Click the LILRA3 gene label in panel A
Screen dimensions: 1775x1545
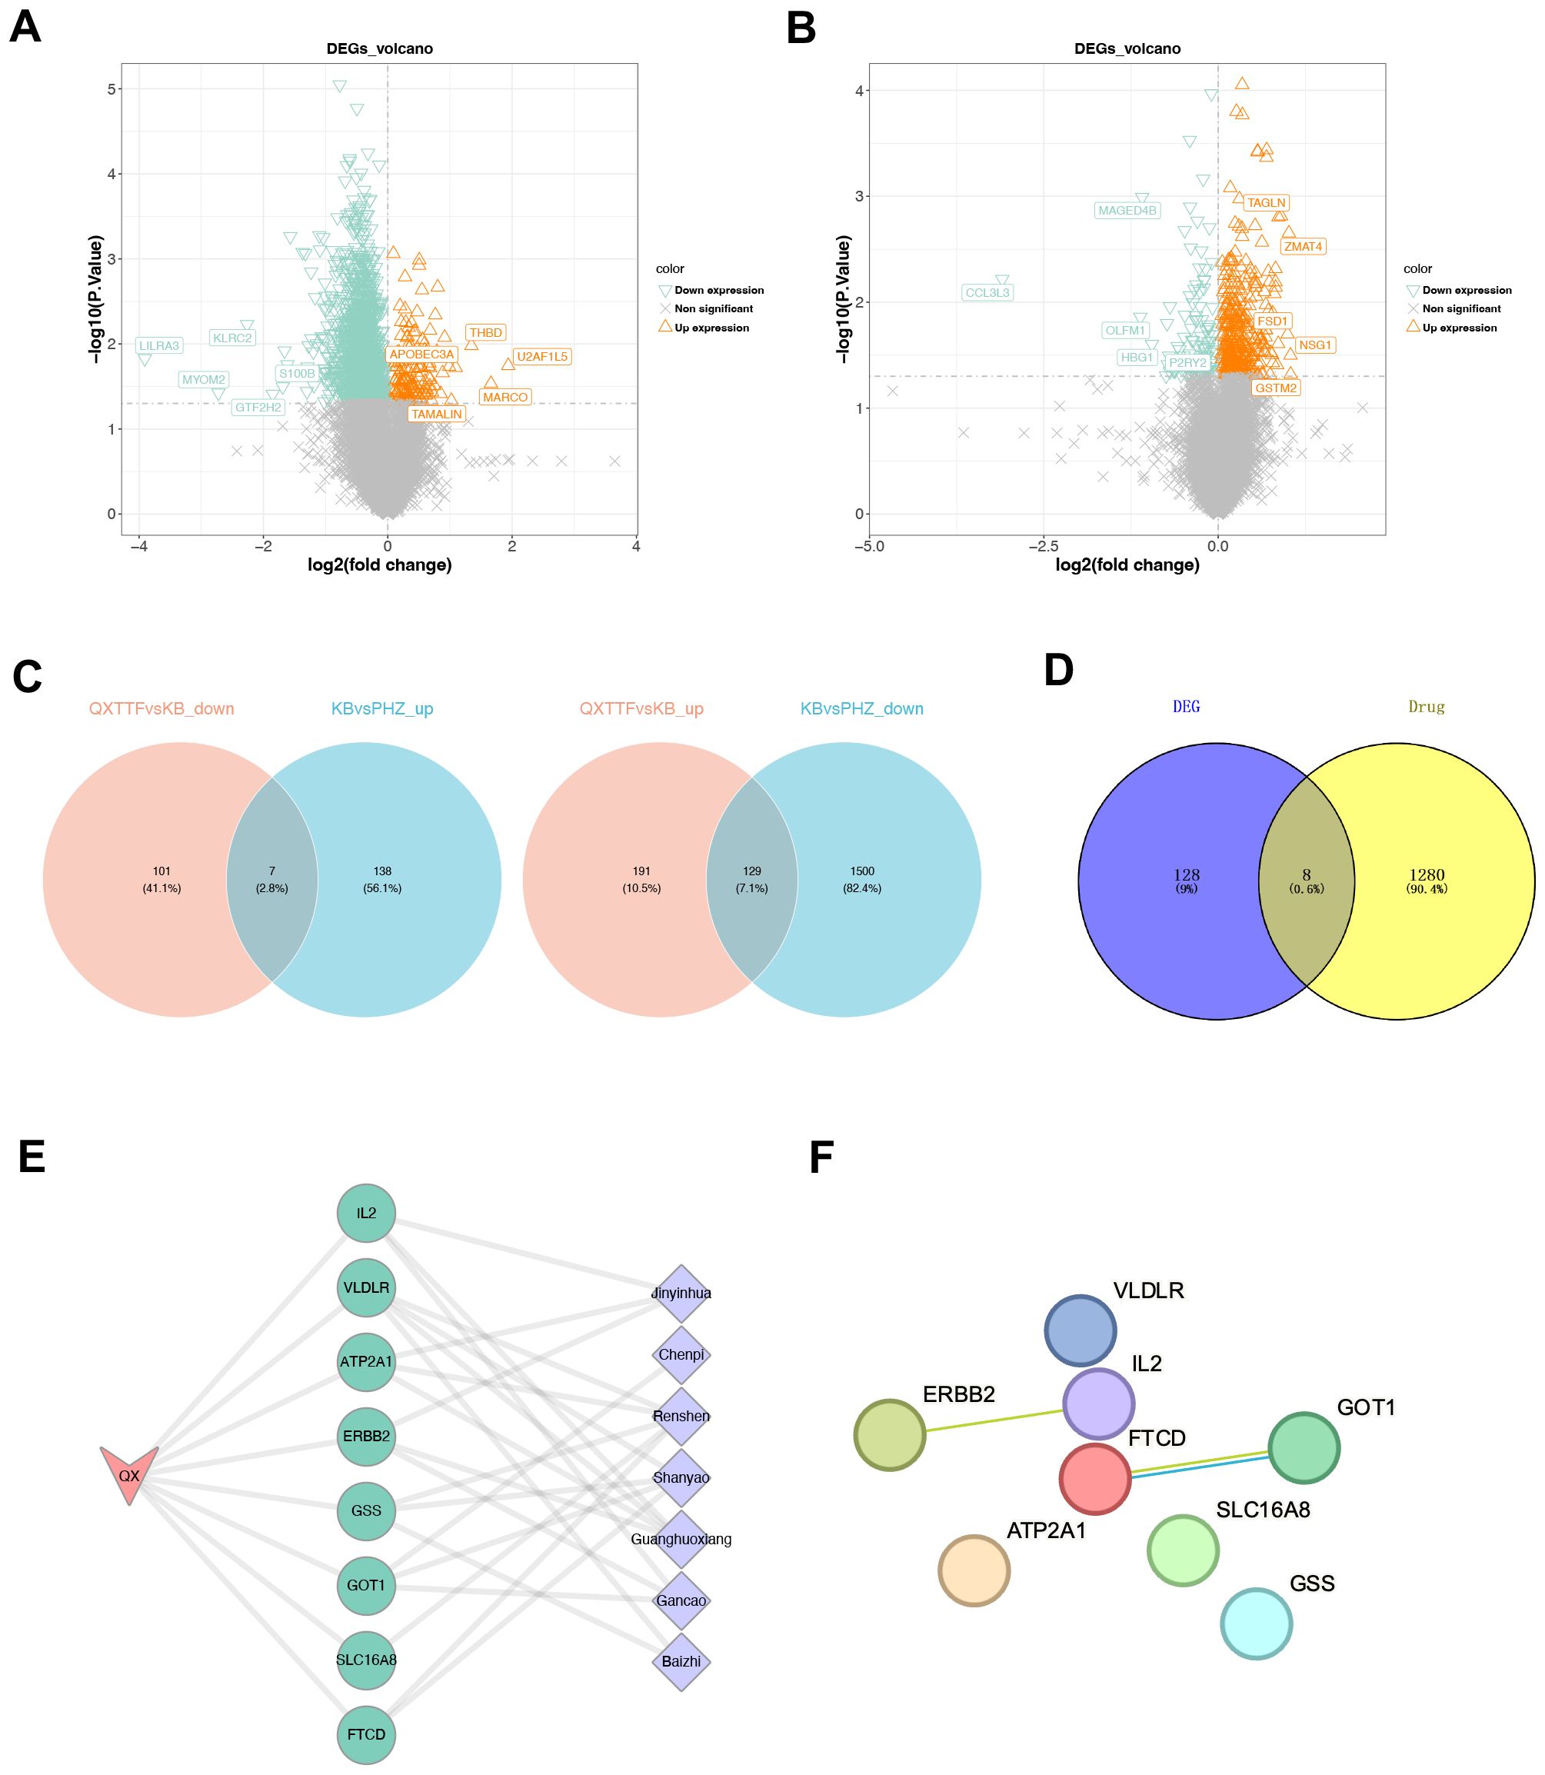pyautogui.click(x=159, y=345)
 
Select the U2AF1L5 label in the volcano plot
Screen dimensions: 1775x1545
pyautogui.click(x=541, y=356)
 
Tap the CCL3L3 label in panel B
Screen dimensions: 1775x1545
pyautogui.click(x=987, y=292)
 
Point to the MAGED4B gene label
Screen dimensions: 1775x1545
pyautogui.click(x=1127, y=211)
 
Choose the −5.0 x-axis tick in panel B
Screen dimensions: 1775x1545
pyautogui.click(x=869, y=546)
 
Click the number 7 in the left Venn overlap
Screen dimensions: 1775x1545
pyautogui.click(x=271, y=871)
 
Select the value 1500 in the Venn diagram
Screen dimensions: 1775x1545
pyautogui.click(x=862, y=871)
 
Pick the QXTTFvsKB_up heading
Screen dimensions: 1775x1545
pyautogui.click(x=641, y=708)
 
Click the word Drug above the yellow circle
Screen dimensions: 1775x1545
pyautogui.click(x=1426, y=707)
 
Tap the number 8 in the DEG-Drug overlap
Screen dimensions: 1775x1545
pyautogui.click(x=1306, y=874)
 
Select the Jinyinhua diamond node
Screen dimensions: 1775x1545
pyautogui.click(x=681, y=1293)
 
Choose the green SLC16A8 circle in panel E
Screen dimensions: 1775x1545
pyautogui.click(x=366, y=1660)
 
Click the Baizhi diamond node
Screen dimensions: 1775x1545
pyautogui.click(x=681, y=1661)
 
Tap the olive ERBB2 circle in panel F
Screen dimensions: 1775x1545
pyautogui.click(x=890, y=1434)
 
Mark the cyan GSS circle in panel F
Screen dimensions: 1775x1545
pyautogui.click(x=1256, y=1623)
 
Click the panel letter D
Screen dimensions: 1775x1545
pyautogui.click(x=1059, y=670)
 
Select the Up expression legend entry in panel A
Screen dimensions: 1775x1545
pyautogui.click(x=711, y=328)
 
